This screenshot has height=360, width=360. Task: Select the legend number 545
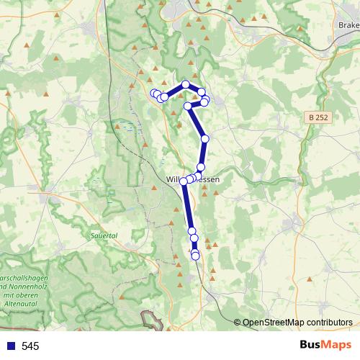click(x=30, y=346)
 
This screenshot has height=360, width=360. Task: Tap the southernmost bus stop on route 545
click(x=195, y=256)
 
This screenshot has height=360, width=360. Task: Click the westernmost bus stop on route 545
click(x=153, y=94)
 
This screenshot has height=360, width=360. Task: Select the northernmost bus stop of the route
click(x=186, y=84)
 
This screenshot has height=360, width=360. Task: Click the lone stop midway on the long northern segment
click(x=204, y=138)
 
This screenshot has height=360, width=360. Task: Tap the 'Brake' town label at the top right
click(x=348, y=24)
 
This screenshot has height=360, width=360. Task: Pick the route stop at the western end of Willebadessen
click(x=184, y=181)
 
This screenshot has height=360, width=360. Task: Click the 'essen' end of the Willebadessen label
click(x=207, y=179)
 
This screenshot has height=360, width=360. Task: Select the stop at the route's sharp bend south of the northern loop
click(x=189, y=106)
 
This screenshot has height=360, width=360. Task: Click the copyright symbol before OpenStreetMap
click(x=238, y=323)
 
